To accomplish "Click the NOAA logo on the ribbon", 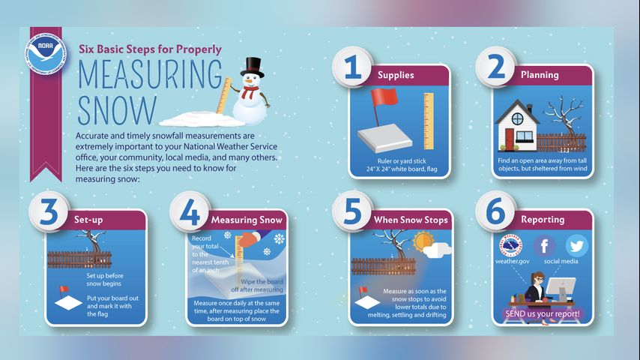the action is (46, 54).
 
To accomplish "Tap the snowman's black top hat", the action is (252, 67).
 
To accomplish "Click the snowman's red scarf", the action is (249, 92).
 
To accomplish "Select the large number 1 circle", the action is (353, 67).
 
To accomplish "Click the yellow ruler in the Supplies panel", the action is (428, 121).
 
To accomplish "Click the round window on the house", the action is (518, 119).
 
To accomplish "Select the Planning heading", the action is (540, 75).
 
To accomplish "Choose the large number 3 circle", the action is (49, 211).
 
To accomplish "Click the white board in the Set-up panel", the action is (69, 303).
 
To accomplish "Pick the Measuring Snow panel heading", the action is (247, 220).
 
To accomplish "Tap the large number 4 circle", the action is (190, 211).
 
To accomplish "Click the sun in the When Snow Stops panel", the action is (422, 242).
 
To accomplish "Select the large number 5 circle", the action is (353, 211).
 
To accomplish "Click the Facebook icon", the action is (544, 246).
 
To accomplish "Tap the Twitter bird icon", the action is (577, 246).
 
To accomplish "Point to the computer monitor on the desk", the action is (561, 289).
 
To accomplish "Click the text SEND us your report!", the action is (543, 313).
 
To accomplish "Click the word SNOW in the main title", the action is (117, 110).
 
